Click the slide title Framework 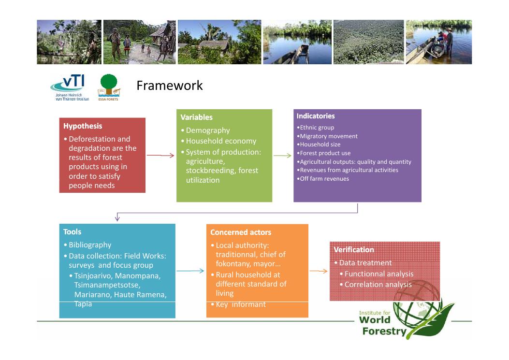pyautogui.click(x=170, y=86)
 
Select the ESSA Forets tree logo pyautogui.click(x=109, y=87)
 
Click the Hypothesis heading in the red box pyautogui.click(x=83, y=126)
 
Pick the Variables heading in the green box pyautogui.click(x=196, y=117)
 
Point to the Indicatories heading pyautogui.click(x=316, y=116)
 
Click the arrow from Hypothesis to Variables pyautogui.click(x=160, y=156)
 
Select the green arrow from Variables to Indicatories pyautogui.click(x=282, y=156)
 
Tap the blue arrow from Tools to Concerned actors pyautogui.click(x=190, y=271)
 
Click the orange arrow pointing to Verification pyautogui.click(x=319, y=271)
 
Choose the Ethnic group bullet pyautogui.click(x=316, y=128)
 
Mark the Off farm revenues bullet pyautogui.click(x=323, y=178)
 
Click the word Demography pyautogui.click(x=208, y=130)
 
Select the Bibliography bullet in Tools pyautogui.click(x=87, y=245)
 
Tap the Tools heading pyautogui.click(x=72, y=232)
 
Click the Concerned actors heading pyautogui.click(x=241, y=232)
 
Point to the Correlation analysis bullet pyautogui.click(x=376, y=285)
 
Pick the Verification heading pyautogui.click(x=354, y=250)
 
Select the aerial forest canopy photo pyautogui.click(x=369, y=42)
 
